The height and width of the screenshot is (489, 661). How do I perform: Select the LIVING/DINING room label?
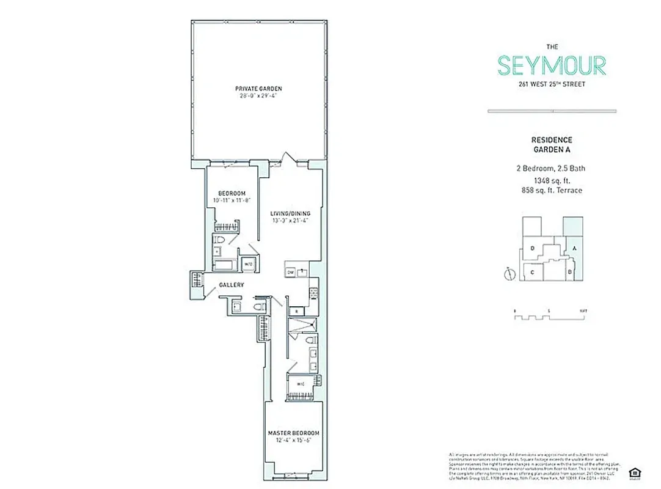click(x=288, y=214)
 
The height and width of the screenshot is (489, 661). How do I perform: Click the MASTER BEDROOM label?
click(x=293, y=433)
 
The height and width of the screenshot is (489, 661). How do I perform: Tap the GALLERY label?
click(x=232, y=285)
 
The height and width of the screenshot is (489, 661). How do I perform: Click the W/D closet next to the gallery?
click(x=249, y=264)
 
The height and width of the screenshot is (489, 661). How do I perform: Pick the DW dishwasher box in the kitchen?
click(x=291, y=272)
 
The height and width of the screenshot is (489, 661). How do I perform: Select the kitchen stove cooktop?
click(x=313, y=293)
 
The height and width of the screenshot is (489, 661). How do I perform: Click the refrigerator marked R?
click(x=296, y=311)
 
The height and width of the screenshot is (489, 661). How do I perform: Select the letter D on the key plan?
click(x=533, y=248)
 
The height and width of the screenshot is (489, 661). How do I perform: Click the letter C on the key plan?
click(x=533, y=273)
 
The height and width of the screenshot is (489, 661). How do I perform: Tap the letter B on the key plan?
click(x=569, y=271)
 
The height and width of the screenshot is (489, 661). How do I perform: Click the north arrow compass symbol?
click(x=507, y=274)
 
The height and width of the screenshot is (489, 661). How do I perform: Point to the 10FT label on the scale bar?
click(x=583, y=311)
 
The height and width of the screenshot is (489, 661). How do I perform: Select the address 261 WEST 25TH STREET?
click(x=552, y=84)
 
